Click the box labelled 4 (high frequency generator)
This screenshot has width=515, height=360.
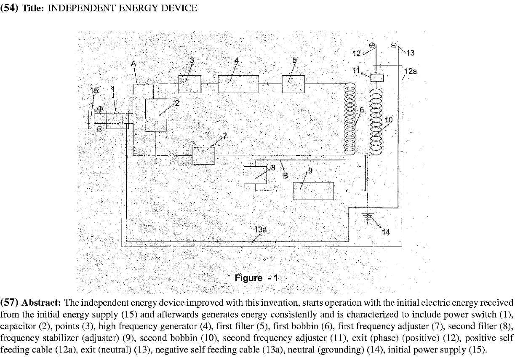pos(238,84)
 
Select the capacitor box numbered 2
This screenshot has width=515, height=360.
pos(156,115)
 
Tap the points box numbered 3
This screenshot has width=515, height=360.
pos(190,84)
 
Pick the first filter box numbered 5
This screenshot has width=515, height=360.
pos(293,84)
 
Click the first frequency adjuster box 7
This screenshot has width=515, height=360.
pos(203,156)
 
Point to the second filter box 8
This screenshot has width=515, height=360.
pos(255,175)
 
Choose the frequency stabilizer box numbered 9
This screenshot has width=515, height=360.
pos(313,191)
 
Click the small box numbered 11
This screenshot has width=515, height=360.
pos(377,78)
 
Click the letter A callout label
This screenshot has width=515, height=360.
pos(133,63)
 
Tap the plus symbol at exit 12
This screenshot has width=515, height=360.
pos(372,45)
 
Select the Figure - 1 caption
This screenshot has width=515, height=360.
pos(256,278)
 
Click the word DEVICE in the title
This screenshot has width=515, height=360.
pos(182,8)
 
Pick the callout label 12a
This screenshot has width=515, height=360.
pos(411,72)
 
